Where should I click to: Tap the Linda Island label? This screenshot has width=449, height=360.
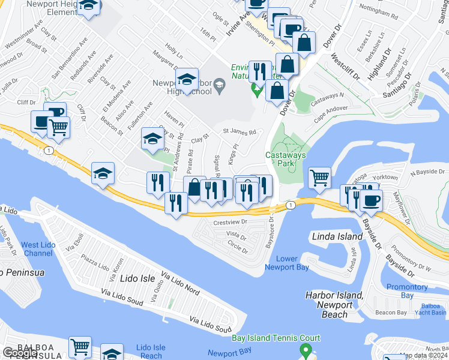tap(337, 236)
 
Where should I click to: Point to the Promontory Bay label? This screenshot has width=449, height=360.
tap(408, 291)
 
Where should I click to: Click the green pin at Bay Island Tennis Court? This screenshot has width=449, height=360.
tap(306, 350)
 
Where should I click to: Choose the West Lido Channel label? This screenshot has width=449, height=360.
tap(38, 249)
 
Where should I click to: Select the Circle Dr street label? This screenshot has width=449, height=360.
tap(238, 246)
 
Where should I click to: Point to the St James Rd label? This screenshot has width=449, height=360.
tap(240, 131)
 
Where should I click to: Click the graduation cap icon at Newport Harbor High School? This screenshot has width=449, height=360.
tap(187, 79)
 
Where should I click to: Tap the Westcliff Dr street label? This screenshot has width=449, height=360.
tap(345, 67)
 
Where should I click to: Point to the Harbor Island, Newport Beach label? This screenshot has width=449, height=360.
tap(334, 304)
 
